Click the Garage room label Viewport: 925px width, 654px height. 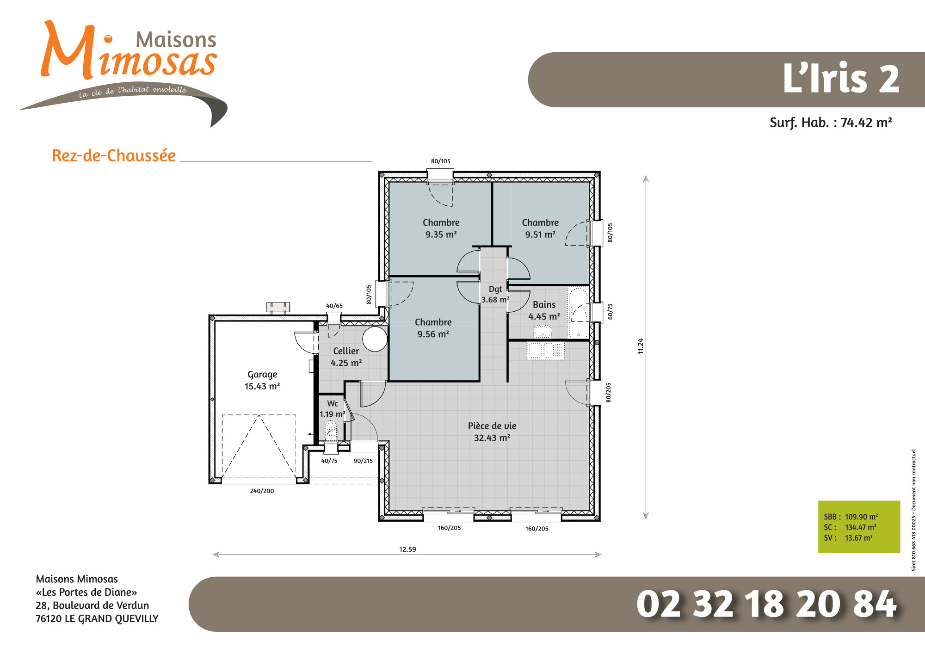coord(262,380)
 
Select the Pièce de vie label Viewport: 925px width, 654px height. coord(492,432)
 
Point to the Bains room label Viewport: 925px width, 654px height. coord(544,310)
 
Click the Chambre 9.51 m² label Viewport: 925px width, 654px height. coord(540,228)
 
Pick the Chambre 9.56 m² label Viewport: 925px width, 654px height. coord(433,328)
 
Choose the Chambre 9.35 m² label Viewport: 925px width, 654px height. coord(441,228)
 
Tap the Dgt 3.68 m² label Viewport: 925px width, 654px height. coord(495,294)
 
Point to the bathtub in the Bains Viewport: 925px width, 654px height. coord(578,313)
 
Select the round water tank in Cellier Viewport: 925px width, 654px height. coord(375,339)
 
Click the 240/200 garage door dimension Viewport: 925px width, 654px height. coord(262,491)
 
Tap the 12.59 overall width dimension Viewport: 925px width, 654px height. coord(407,549)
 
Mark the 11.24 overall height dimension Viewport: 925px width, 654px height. coord(641,346)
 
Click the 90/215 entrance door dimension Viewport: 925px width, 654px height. coord(363,461)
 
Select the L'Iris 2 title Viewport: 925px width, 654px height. coord(841,78)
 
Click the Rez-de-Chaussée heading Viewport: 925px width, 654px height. coord(114,155)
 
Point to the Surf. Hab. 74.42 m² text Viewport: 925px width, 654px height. coord(831,123)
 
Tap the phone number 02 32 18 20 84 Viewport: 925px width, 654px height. coord(767,604)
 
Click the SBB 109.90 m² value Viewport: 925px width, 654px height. coord(861,517)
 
